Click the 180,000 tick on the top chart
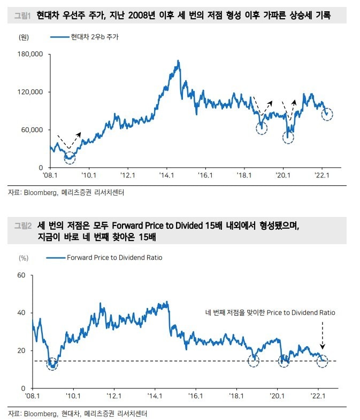[x=30, y=54]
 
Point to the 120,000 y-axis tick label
[x=30, y=92]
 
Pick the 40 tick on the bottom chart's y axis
[x=22, y=313]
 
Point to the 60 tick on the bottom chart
[x=22, y=275]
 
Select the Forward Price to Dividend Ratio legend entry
[x=114, y=258]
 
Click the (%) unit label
[x=24, y=258]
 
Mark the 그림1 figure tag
[x=23, y=17]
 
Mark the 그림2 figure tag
[x=23, y=226]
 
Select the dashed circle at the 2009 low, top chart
[x=70, y=157]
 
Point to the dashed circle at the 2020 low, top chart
[x=288, y=137]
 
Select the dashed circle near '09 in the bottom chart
[x=52, y=363]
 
